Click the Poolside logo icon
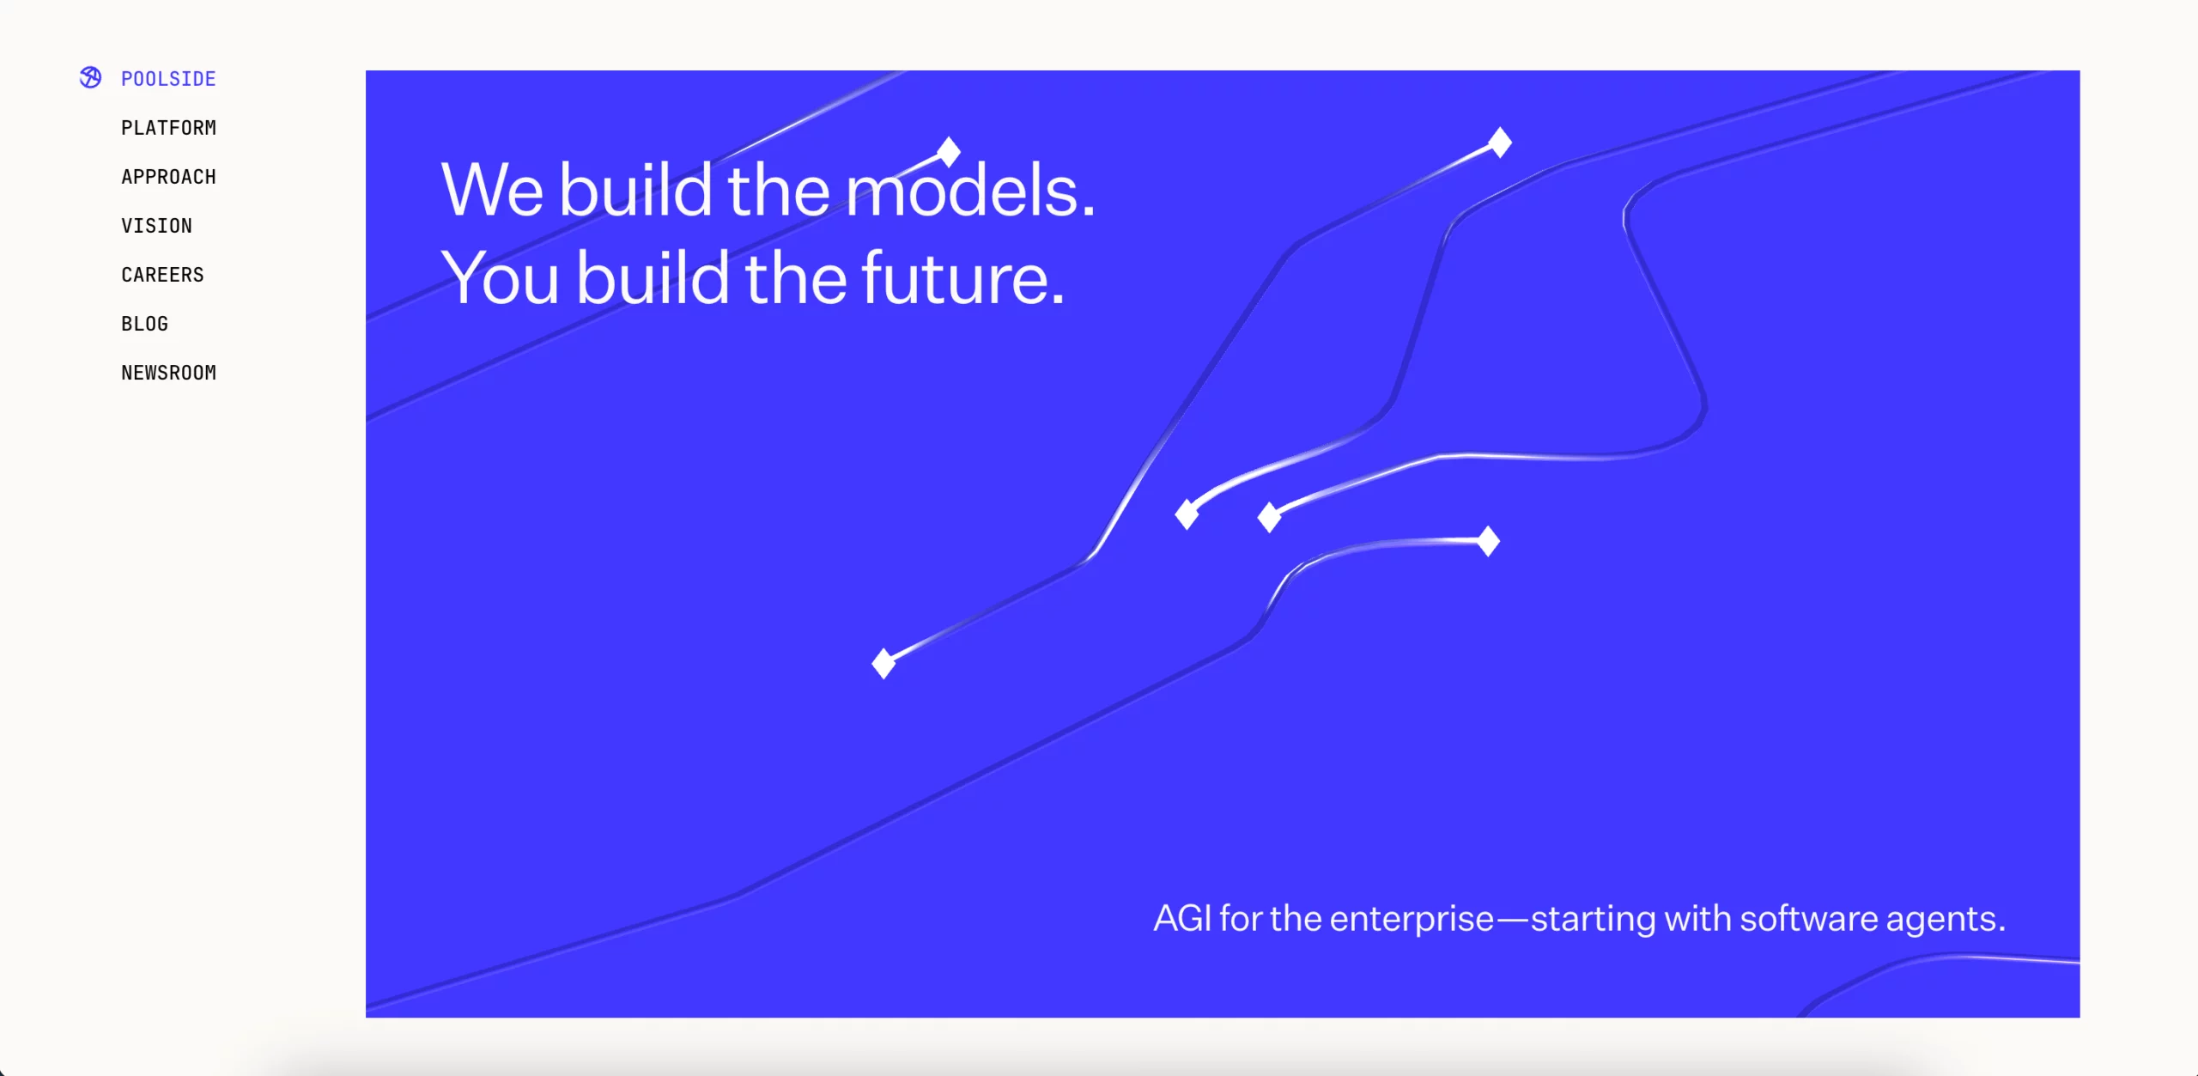point(90,77)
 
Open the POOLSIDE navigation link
point(168,79)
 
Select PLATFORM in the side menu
point(168,128)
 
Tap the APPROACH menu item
point(168,177)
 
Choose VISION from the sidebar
point(156,226)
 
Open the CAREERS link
point(162,275)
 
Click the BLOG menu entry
point(144,324)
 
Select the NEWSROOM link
point(168,373)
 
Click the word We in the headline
point(492,190)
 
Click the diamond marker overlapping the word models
point(949,152)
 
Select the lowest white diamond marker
point(883,663)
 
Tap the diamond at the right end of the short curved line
point(1488,541)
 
